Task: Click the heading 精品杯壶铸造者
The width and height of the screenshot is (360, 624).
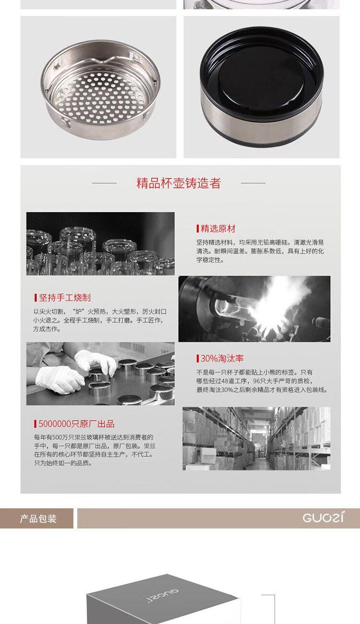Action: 179,183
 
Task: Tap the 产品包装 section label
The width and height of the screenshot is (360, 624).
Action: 38,518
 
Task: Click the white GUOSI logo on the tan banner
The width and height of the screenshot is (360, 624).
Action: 323,517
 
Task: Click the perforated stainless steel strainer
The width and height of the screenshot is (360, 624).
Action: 100,89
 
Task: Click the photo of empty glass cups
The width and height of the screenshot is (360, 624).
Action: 100,244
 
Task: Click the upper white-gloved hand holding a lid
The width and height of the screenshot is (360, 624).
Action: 96,361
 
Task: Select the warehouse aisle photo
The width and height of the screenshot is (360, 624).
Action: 256,439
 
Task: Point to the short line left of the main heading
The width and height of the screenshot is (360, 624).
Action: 105,183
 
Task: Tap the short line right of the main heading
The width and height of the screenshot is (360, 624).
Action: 253,183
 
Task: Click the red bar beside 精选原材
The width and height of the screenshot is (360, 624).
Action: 198,228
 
